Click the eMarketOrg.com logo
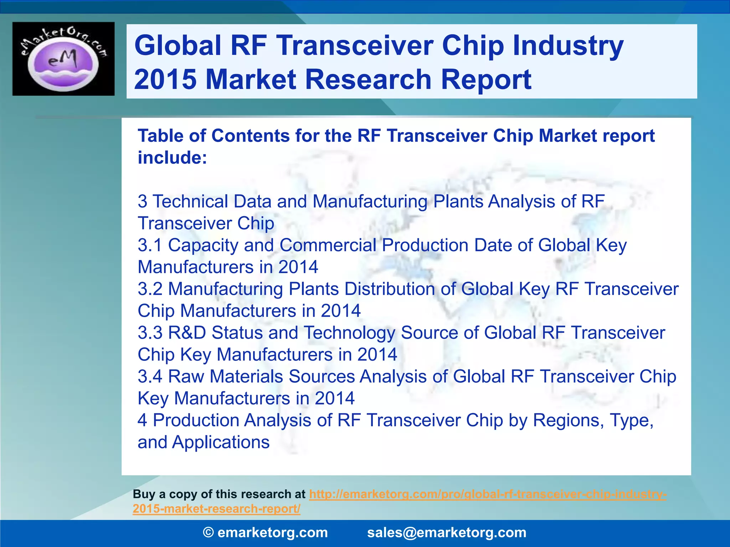[63, 59]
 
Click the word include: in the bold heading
[172, 158]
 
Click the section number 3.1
[150, 245]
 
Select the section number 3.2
[150, 289]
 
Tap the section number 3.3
[150, 333]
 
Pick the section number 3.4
[150, 377]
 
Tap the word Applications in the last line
[221, 443]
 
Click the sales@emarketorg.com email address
[447, 533]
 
